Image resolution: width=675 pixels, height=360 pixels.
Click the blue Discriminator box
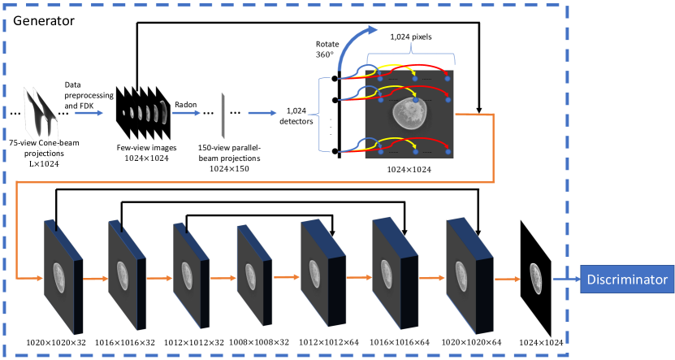point(626,280)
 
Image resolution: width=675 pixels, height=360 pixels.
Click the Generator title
point(47,19)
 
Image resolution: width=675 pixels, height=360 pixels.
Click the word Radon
point(187,105)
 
